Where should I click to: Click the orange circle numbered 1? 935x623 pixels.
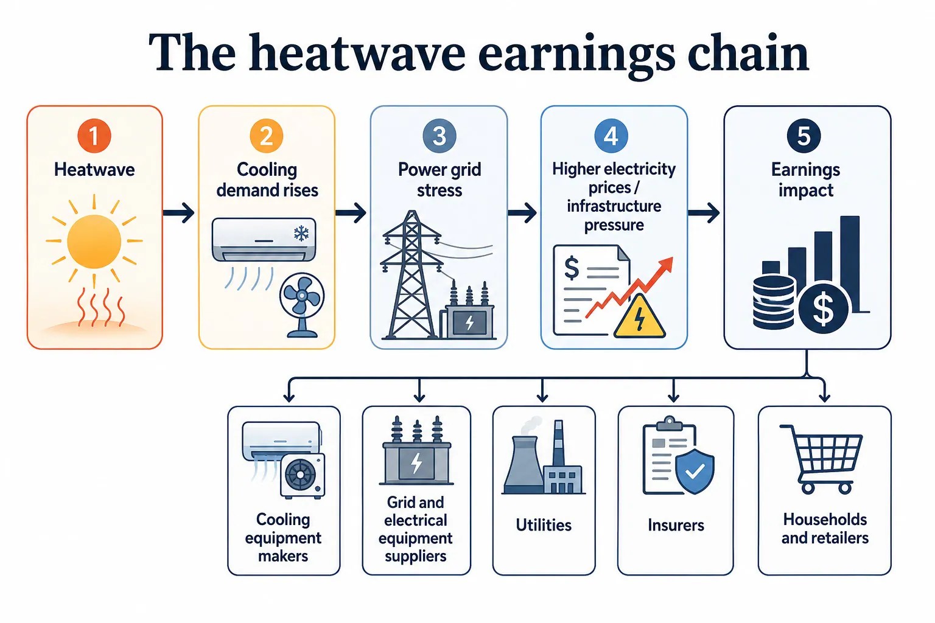point(94,136)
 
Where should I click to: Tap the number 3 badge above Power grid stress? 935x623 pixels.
point(439,136)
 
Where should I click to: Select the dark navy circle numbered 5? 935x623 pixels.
point(804,136)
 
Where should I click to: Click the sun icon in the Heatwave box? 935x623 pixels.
point(94,241)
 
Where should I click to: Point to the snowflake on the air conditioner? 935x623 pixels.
point(301,233)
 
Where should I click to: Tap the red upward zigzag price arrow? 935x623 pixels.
point(629,287)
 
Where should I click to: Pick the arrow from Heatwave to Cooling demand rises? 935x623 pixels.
point(178,213)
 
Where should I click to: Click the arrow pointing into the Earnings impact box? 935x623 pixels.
point(704,213)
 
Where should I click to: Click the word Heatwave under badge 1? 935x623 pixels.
point(94,170)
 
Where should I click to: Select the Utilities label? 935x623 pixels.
point(544,525)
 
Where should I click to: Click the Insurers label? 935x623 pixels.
point(676,525)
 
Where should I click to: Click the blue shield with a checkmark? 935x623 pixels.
point(695,471)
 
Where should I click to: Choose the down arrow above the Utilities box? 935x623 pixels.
point(542,391)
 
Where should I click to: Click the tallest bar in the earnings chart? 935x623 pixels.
point(850,263)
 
